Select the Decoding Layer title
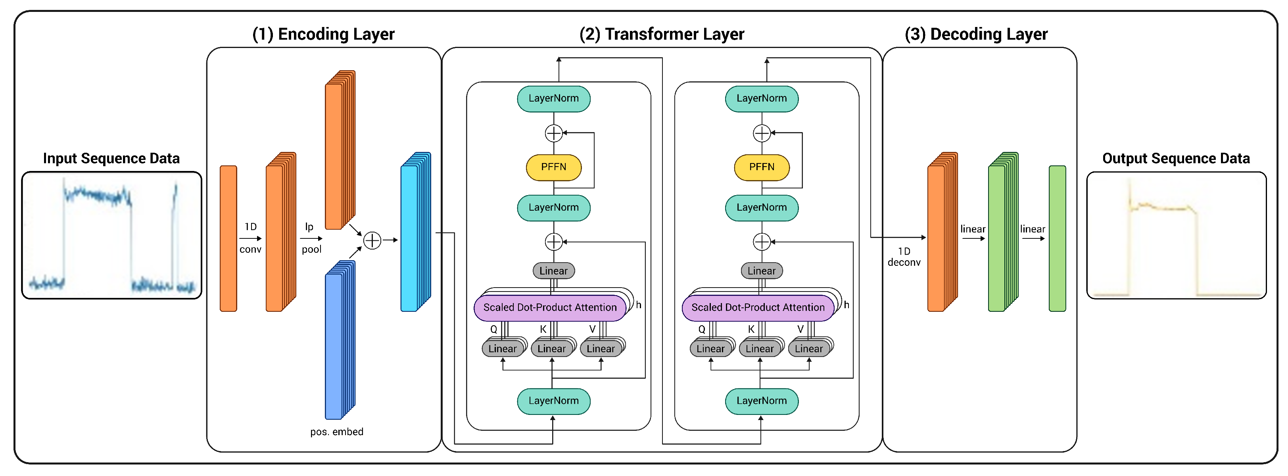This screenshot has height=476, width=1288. click(x=975, y=34)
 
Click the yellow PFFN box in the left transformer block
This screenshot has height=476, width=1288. click(x=553, y=167)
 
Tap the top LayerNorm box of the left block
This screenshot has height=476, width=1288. click(x=553, y=98)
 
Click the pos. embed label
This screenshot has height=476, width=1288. click(x=336, y=432)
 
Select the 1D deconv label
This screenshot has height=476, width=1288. click(x=904, y=257)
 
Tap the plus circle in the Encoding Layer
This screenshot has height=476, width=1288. click(x=372, y=240)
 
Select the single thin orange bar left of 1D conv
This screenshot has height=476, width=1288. click(x=228, y=238)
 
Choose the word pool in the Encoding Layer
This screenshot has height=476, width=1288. click(x=311, y=249)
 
